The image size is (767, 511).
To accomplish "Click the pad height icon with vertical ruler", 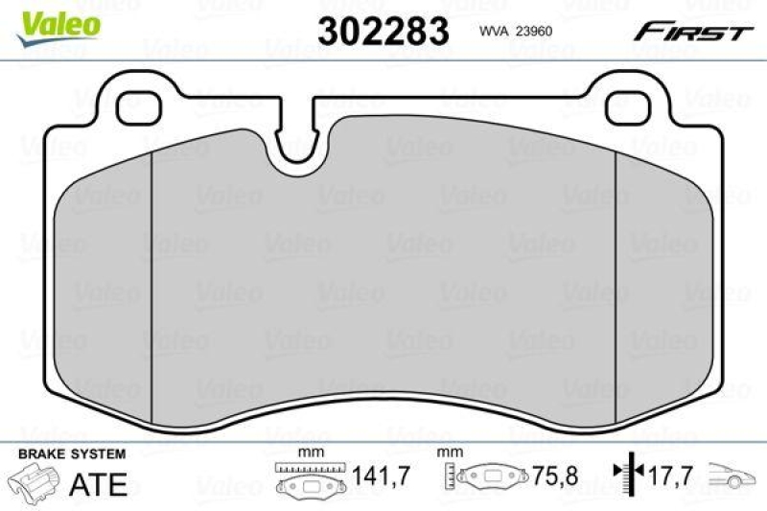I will click(x=484, y=477).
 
